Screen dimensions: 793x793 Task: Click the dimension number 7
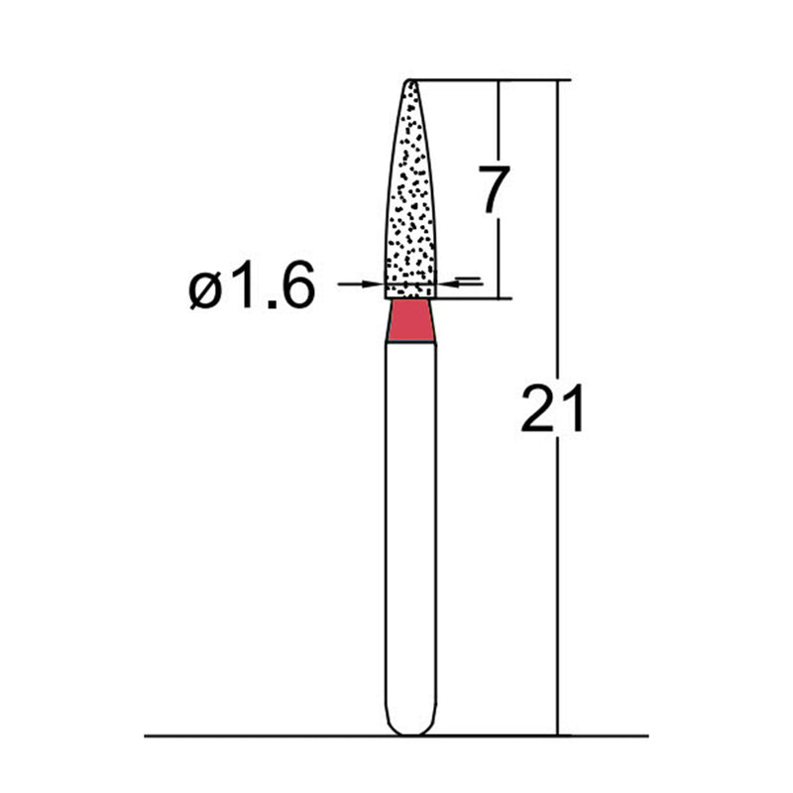point(494,191)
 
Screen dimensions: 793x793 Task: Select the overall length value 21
point(553,408)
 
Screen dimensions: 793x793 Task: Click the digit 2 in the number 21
point(538,408)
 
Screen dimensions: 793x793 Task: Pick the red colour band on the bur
point(410,323)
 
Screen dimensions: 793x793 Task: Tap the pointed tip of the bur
point(410,81)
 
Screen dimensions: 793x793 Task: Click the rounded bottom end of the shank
point(410,730)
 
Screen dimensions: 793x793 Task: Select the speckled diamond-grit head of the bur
point(410,198)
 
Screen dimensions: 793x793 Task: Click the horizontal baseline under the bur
point(248,736)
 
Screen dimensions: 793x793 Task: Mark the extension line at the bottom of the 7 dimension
point(476,297)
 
